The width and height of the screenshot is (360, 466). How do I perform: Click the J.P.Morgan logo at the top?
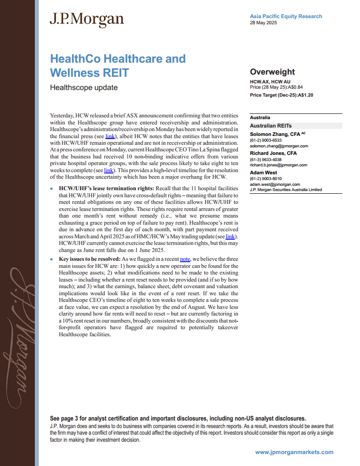(86, 19)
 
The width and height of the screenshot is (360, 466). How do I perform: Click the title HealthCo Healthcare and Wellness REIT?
(118, 65)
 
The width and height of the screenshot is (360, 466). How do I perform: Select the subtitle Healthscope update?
(84, 87)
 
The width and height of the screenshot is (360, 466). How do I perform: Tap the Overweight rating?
(272, 72)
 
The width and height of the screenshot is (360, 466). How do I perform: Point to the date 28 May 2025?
(263, 23)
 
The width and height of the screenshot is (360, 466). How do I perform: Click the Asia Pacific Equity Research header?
(286, 16)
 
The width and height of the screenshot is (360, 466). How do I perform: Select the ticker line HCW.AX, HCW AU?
(270, 82)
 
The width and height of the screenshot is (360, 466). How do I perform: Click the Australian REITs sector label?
(270, 126)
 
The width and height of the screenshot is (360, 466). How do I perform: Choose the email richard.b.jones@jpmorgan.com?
(278, 165)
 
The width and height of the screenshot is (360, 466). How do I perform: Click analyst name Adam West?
(264, 173)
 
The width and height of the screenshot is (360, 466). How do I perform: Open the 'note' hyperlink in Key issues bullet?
(185, 259)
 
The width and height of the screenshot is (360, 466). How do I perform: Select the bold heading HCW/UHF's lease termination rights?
(106, 188)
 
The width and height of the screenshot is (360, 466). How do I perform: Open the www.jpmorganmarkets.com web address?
(294, 452)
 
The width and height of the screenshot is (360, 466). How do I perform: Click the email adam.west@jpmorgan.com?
(275, 184)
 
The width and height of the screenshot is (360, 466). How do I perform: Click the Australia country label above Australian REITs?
(260, 118)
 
